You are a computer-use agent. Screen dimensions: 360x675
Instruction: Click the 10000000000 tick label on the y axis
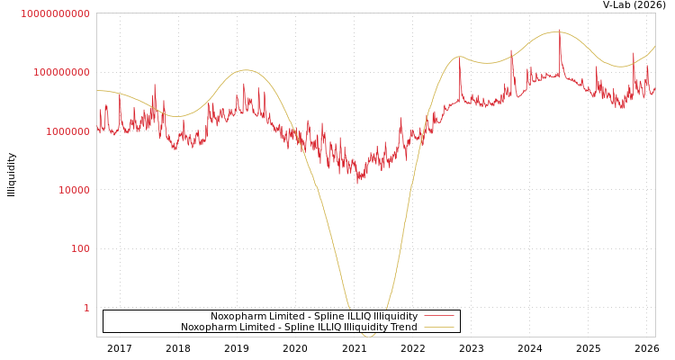coord(55,13)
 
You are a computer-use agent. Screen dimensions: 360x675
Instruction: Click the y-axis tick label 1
coord(86,308)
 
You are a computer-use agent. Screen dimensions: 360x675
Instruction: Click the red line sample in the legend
coord(439,317)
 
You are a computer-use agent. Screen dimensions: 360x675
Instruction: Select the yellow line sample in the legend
coord(439,328)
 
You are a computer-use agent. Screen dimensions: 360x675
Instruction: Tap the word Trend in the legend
coord(403,328)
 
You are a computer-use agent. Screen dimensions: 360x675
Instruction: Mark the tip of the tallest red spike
coord(560,30)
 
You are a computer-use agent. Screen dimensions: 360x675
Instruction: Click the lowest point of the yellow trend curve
coord(369,336)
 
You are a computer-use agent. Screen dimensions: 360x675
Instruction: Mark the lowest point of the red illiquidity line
coord(359,184)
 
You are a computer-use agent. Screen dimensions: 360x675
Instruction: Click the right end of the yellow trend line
coord(654,47)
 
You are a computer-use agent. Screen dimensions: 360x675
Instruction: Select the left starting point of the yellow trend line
coord(97,90)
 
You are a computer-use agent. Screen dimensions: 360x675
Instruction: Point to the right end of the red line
coord(654,89)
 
